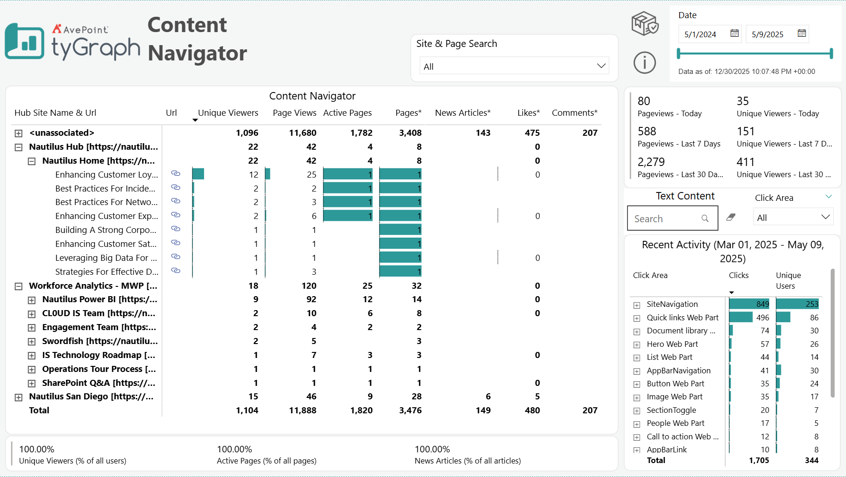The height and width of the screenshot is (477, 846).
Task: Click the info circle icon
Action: pos(644,62)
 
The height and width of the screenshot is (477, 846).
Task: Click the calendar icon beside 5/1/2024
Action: pos(734,33)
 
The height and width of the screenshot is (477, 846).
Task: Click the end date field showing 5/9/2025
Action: pos(768,34)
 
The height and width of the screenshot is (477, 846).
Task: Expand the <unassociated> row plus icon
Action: pos(19,133)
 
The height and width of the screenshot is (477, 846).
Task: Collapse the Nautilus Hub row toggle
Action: pos(19,147)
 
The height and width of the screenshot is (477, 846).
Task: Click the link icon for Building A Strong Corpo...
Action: pos(176,229)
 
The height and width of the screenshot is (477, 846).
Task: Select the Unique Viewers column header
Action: pos(228,113)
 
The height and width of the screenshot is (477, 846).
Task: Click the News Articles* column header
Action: pos(463,113)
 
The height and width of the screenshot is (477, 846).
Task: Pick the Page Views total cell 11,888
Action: pos(302,411)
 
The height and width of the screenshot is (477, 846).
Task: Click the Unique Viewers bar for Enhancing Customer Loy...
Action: pos(198,174)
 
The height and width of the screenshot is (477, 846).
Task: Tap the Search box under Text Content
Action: pos(667,219)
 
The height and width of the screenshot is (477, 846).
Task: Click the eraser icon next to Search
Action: pos(731,217)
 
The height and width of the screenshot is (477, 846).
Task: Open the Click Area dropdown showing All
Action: pos(793,218)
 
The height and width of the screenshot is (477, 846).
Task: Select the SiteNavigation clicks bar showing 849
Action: pos(749,304)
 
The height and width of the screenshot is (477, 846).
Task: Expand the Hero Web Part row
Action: pos(637,345)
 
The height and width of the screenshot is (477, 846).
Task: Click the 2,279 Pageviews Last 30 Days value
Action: pos(651,162)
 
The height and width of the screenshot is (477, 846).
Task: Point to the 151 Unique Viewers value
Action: pos(746,132)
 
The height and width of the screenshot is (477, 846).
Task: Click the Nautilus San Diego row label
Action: pos(91,397)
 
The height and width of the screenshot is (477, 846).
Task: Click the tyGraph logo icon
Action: pos(25,41)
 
